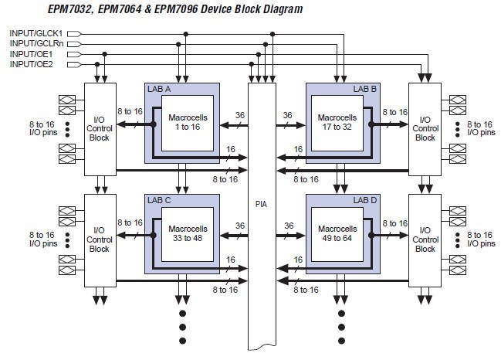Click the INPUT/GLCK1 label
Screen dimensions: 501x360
36,33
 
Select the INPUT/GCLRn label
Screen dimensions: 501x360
37,43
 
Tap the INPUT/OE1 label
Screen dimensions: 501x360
32,54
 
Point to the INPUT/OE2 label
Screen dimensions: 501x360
32,64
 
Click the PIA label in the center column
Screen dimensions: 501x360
262,204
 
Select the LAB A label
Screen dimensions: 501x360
159,89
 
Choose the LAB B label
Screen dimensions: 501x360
365,89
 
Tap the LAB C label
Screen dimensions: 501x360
159,200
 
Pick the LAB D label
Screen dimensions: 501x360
365,200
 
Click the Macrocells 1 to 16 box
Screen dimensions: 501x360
188,123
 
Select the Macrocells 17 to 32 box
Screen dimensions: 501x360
337,123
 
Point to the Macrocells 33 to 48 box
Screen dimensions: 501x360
188,234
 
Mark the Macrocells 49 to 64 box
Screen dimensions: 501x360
337,234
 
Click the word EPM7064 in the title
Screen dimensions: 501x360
120,8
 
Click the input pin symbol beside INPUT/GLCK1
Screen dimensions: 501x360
74,33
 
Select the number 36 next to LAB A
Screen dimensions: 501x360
240,115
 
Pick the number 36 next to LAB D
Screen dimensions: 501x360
289,226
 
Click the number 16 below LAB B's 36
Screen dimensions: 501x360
298,149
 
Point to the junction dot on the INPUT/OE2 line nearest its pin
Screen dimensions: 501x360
97,64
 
